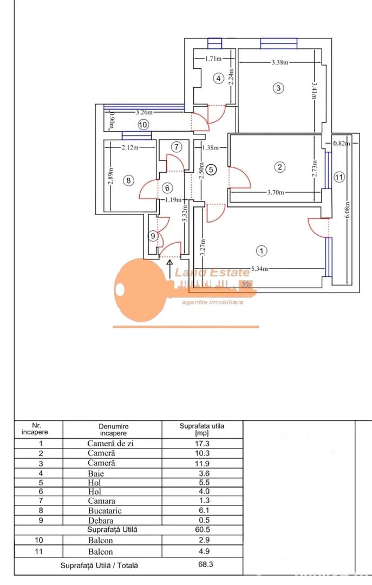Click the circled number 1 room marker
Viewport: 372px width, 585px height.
pyautogui.click(x=262, y=251)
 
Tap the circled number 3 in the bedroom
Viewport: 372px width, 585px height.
pyautogui.click(x=278, y=88)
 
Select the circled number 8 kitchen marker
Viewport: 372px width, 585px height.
pyautogui.click(x=128, y=181)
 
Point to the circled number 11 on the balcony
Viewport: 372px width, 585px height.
pyautogui.click(x=339, y=177)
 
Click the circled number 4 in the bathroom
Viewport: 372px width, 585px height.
pyautogui.click(x=218, y=79)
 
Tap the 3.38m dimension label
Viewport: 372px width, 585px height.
pyautogui.click(x=280, y=62)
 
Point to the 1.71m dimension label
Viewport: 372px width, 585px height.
pyautogui.click(x=214, y=58)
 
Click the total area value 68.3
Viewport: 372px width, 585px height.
pyautogui.click(x=203, y=565)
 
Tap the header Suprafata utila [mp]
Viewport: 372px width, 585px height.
pyautogui.click(x=203, y=430)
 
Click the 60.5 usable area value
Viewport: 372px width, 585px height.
pyautogui.click(x=203, y=529)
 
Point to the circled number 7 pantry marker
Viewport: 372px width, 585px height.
pyautogui.click(x=177, y=147)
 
